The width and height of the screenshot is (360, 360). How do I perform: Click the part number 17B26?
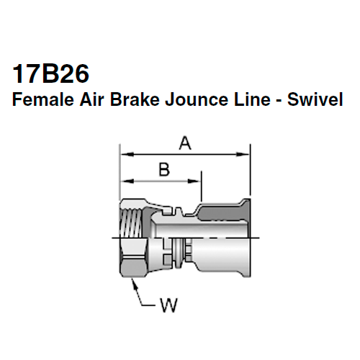(52, 74)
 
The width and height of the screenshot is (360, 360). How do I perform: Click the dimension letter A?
(184, 144)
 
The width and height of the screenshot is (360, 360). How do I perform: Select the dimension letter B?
(163, 170)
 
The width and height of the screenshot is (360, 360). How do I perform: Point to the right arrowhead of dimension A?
(245, 153)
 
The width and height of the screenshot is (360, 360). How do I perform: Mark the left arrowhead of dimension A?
(123, 153)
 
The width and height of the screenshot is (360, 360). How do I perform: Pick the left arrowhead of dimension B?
(123, 179)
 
